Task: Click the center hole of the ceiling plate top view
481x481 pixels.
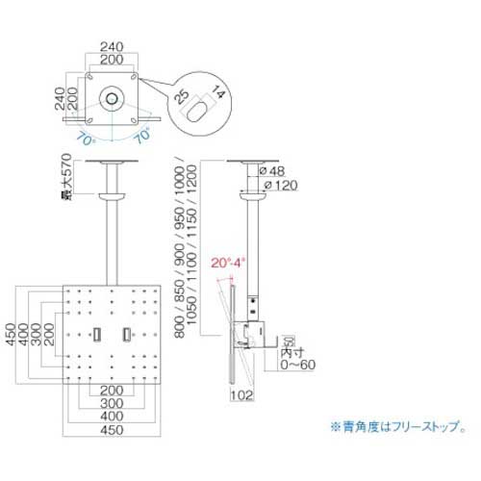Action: [x=114, y=99]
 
